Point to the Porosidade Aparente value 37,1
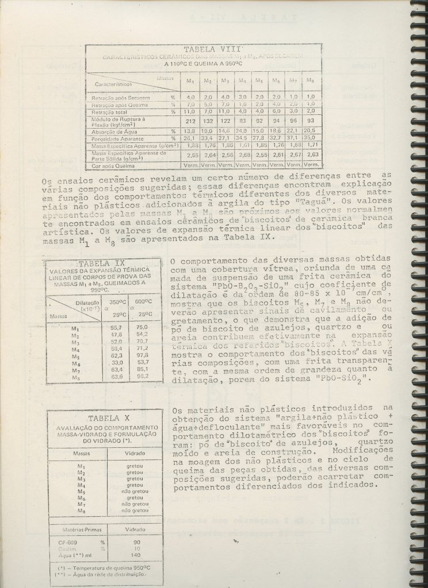tap(293, 138)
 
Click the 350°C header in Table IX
tap(117, 301)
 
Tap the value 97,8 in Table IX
tap(142, 355)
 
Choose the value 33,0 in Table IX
tap(117, 363)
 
